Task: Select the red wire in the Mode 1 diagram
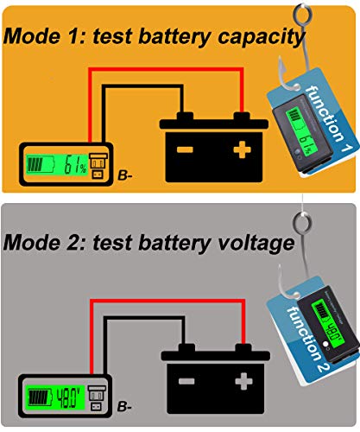click(155, 72)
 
